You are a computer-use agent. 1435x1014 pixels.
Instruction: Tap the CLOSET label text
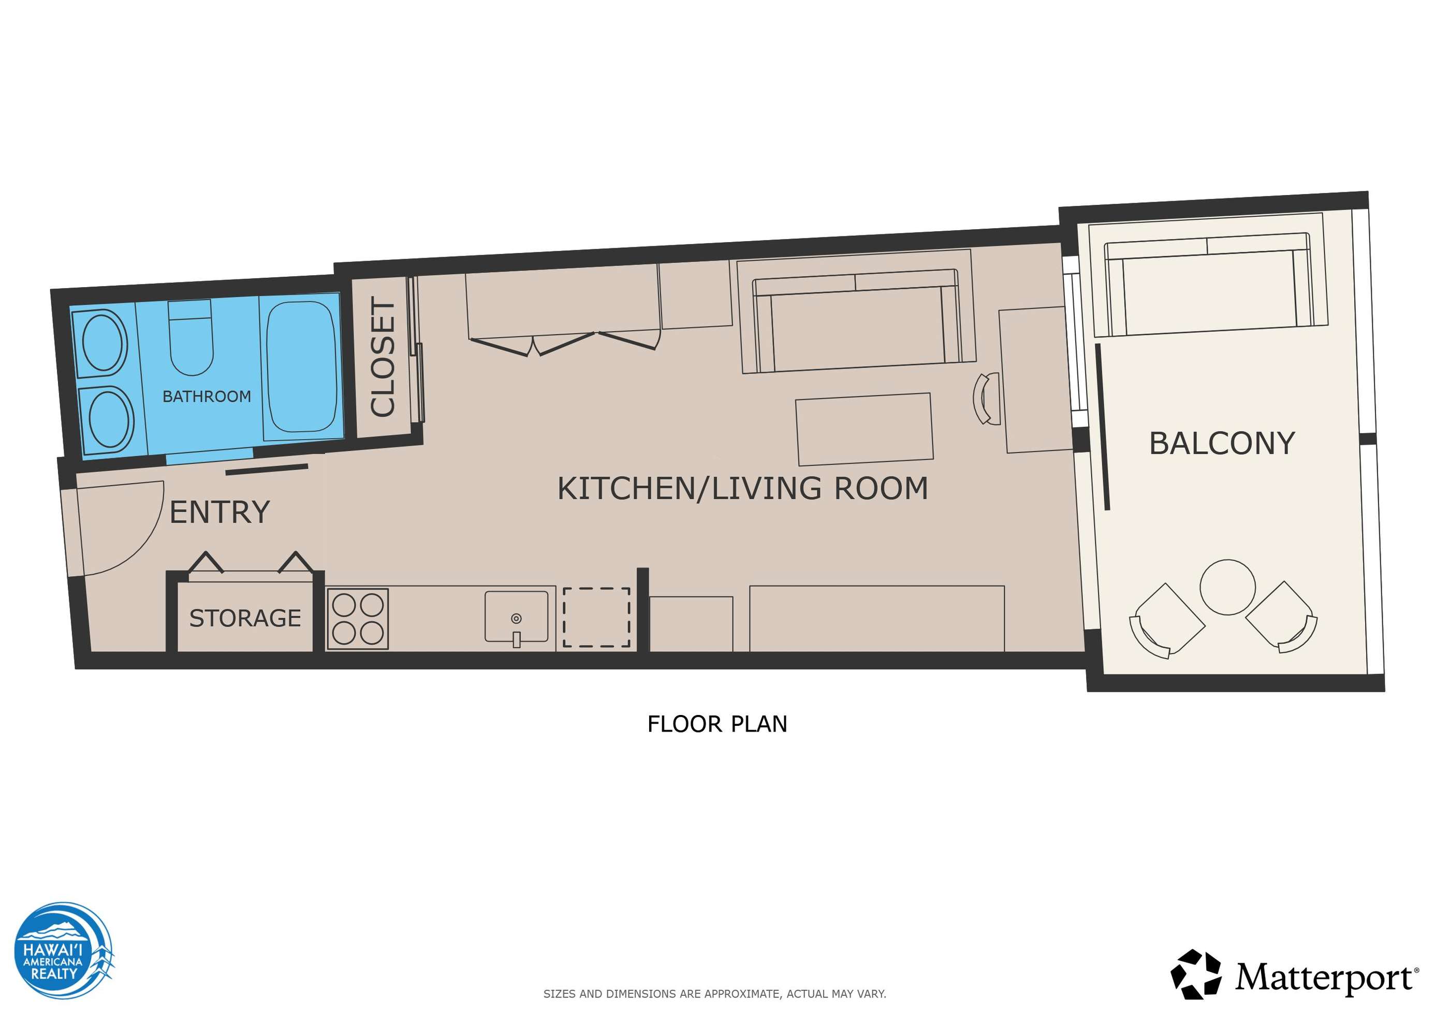(x=383, y=357)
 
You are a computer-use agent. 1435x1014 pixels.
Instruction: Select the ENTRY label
(x=220, y=512)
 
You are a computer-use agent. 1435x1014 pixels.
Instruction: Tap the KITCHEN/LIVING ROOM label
(x=742, y=488)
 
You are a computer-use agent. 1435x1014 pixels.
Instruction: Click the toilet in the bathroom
(x=191, y=337)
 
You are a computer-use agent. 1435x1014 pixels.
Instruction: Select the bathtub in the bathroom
(x=301, y=367)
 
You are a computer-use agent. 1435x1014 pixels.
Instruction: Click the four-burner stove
(x=358, y=619)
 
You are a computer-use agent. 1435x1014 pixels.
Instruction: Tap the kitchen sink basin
(x=516, y=617)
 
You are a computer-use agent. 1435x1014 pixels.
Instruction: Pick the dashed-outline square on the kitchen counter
(x=596, y=617)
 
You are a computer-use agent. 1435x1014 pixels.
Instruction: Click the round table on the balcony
(x=1227, y=587)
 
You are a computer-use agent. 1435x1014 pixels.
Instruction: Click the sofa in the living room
(x=856, y=320)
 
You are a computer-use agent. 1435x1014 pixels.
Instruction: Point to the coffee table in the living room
(x=865, y=429)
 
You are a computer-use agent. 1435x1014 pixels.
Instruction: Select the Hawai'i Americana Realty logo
(x=64, y=950)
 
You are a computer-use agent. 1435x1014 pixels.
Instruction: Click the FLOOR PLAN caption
(x=717, y=724)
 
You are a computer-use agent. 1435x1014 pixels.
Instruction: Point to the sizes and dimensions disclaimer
(x=714, y=993)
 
